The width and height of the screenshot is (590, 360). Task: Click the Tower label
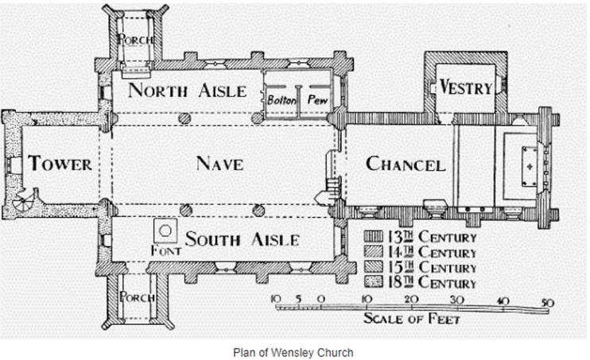click(x=60, y=164)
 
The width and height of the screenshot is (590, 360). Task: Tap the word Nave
click(x=219, y=164)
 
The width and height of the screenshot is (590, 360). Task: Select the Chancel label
click(x=406, y=164)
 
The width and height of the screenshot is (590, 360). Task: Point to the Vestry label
click(x=466, y=87)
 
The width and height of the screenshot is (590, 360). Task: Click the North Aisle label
click(x=188, y=91)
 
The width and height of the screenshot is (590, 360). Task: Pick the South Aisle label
click(x=243, y=239)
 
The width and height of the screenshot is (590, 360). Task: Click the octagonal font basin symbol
click(x=165, y=230)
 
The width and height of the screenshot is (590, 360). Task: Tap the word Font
click(x=166, y=250)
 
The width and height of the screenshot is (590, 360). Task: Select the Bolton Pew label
click(x=297, y=100)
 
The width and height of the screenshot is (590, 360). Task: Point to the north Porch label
click(x=135, y=39)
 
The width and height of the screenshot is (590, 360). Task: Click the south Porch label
click(x=137, y=297)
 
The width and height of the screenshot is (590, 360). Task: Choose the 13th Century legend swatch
click(x=373, y=237)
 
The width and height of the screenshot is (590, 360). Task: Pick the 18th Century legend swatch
click(x=373, y=282)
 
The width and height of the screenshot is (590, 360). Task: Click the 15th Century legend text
click(x=433, y=268)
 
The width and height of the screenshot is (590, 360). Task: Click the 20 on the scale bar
click(x=411, y=300)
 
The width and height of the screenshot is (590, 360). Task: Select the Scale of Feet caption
click(x=412, y=319)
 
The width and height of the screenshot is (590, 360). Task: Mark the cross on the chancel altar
click(x=530, y=166)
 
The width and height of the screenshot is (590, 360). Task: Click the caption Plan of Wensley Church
click(x=293, y=353)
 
